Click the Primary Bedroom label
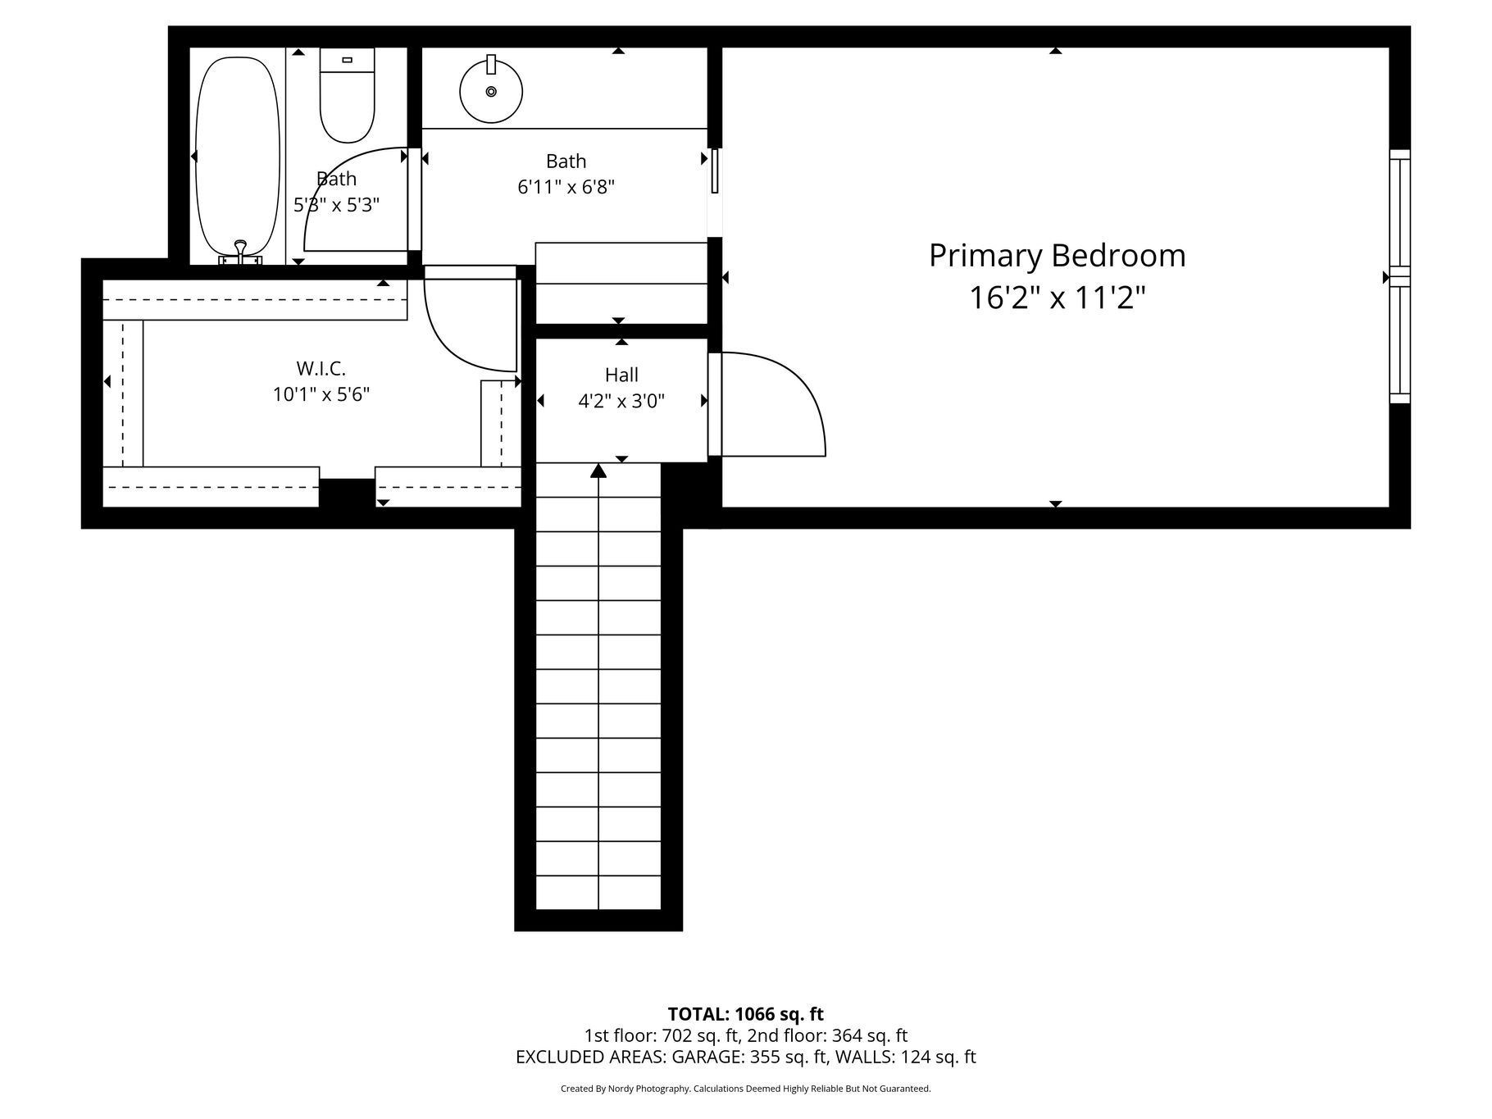click(x=1057, y=256)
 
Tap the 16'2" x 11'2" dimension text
click(x=1057, y=298)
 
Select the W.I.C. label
click(x=321, y=369)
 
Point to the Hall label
click(x=621, y=375)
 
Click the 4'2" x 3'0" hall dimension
click(x=621, y=401)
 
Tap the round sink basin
click(x=491, y=91)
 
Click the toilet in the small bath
click(x=347, y=95)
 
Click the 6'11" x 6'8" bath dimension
click(x=566, y=187)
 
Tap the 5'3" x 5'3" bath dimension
click(x=336, y=204)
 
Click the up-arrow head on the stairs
click(x=598, y=470)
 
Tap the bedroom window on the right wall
click(x=1400, y=276)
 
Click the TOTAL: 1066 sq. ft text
click(x=746, y=1015)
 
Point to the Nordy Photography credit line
click(x=746, y=1089)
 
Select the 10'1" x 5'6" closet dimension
click(x=321, y=394)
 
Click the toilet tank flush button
click(x=347, y=60)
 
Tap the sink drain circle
click(x=491, y=91)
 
